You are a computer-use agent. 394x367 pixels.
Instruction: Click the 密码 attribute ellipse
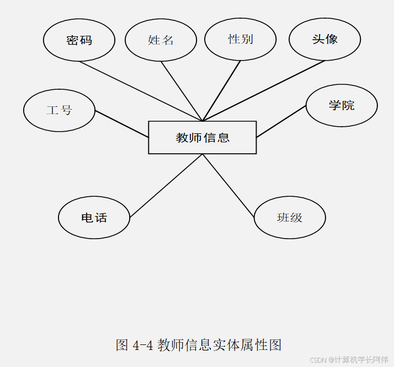(x=79, y=40)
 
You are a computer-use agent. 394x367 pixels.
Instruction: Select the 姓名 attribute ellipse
(x=161, y=40)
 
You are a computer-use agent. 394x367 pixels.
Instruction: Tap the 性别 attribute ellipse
(x=240, y=40)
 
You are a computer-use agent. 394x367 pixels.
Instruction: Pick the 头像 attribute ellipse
(x=324, y=39)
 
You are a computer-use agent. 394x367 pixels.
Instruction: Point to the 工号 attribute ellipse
(x=59, y=110)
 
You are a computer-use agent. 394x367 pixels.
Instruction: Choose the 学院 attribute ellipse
(x=342, y=105)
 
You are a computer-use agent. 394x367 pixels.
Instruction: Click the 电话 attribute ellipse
(x=94, y=218)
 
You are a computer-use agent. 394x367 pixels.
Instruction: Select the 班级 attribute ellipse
(x=290, y=218)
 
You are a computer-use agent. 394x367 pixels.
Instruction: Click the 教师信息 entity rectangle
(x=203, y=137)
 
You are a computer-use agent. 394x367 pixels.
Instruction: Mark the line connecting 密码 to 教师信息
(x=141, y=91)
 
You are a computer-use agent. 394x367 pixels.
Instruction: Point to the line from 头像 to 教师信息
(x=264, y=91)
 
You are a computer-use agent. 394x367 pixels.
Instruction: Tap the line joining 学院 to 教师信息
(x=281, y=121)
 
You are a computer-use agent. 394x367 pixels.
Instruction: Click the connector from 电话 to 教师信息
(x=166, y=186)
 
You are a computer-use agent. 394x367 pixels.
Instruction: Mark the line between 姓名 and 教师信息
(x=182, y=91)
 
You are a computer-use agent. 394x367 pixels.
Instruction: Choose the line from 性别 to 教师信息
(x=222, y=91)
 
